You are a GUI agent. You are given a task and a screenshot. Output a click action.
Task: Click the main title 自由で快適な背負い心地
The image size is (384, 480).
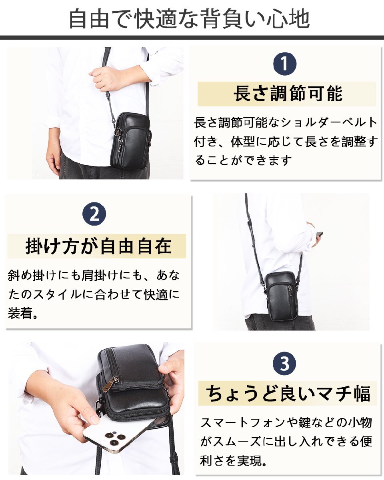(x=190, y=19)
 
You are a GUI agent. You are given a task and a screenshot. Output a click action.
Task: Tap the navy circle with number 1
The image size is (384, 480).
(x=285, y=64)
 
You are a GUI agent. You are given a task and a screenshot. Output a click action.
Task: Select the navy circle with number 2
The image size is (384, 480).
(x=94, y=214)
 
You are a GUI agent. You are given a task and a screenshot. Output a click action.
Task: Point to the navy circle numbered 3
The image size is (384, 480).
(x=284, y=363)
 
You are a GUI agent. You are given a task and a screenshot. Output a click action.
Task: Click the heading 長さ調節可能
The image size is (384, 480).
(x=288, y=94)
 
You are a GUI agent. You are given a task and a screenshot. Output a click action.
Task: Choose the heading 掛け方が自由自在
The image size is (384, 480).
(x=98, y=246)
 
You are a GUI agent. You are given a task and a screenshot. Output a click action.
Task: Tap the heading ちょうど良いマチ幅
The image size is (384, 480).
(x=288, y=393)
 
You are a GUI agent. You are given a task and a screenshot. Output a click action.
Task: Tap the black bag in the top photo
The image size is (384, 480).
(x=130, y=140)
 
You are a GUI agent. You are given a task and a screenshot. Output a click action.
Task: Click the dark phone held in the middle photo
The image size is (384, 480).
(x=320, y=234)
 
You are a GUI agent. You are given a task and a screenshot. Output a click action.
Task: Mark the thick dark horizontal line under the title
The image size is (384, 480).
(x=192, y=38)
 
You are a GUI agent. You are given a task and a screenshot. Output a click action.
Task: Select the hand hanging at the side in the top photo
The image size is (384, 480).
(x=54, y=158)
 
